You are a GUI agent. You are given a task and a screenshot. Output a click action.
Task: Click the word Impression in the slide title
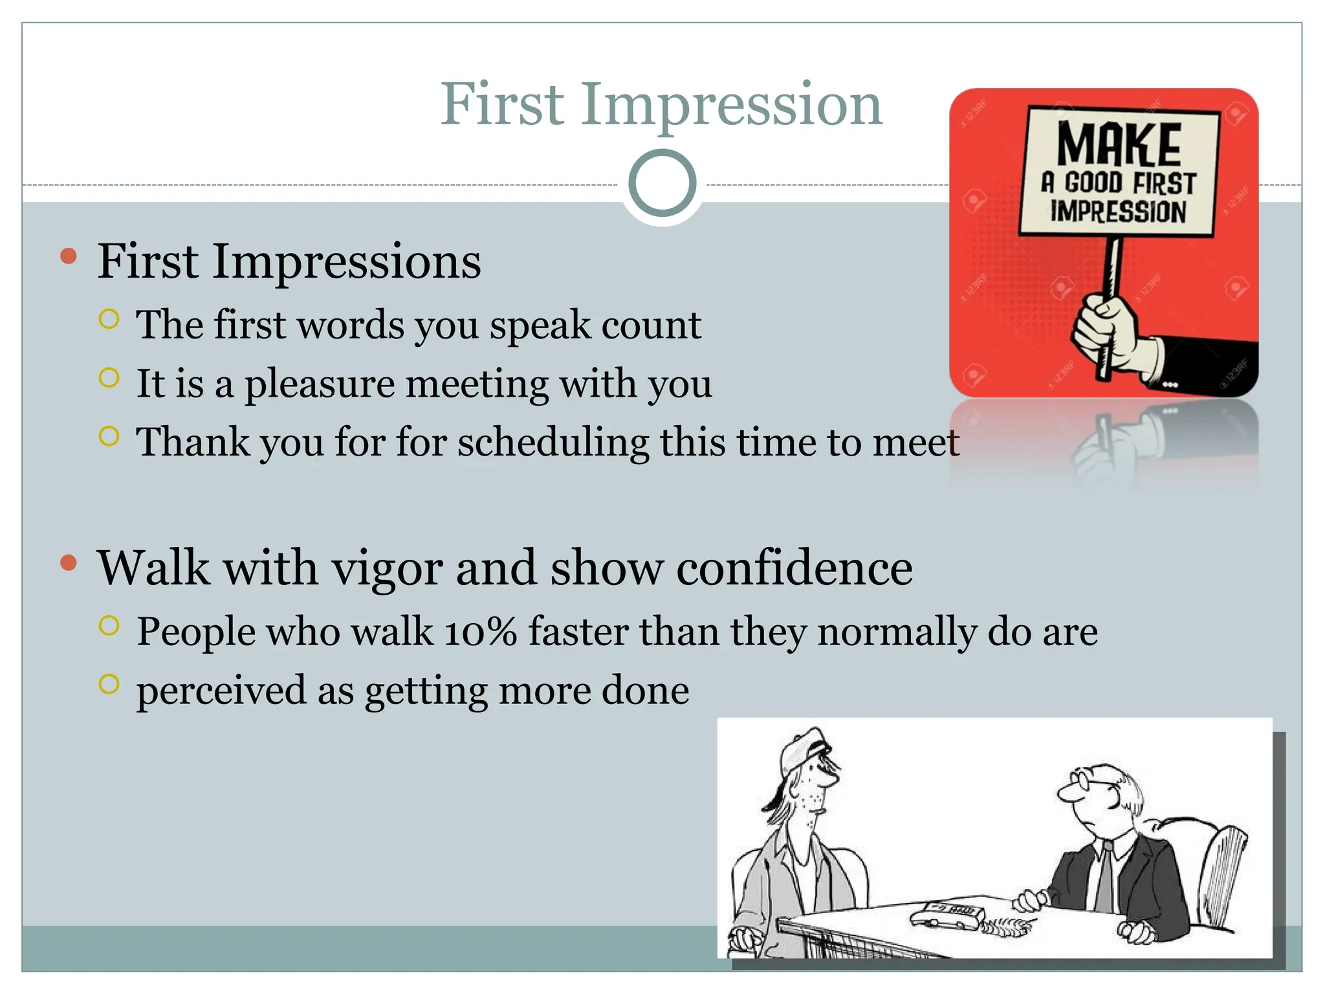pos(731,105)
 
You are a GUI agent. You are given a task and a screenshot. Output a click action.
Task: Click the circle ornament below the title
pos(662,183)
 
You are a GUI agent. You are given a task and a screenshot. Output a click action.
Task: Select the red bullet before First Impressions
pos(68,257)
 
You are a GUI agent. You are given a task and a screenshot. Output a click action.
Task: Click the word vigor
pos(387,568)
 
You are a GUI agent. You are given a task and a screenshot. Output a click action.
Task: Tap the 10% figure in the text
pos(480,632)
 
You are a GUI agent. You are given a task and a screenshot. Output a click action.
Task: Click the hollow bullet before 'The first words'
pos(109,319)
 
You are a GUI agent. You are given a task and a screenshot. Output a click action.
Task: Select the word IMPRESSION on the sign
pos(1118,212)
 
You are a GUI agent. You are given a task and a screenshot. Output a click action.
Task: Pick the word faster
pos(578,632)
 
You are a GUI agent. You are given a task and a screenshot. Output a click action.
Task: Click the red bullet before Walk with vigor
pos(68,563)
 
